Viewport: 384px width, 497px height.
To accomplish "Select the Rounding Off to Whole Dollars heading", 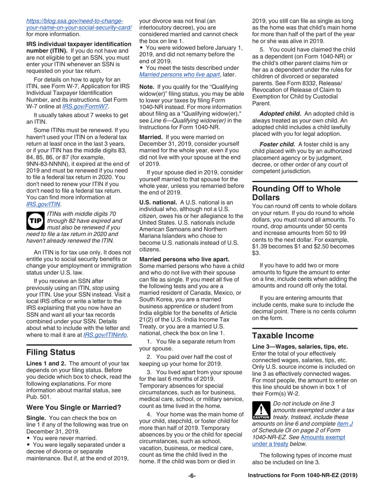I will pos(296,193).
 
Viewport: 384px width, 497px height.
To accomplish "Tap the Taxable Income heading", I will pos(283,336).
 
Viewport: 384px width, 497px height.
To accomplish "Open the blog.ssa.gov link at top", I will pos(79,24).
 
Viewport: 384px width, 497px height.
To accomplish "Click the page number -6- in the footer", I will pos(192,476).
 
